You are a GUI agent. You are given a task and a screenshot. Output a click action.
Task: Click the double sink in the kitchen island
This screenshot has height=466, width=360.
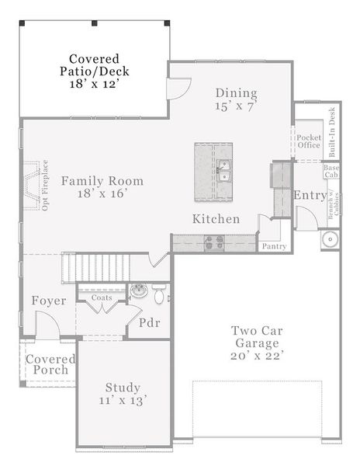pyautogui.click(x=224, y=169)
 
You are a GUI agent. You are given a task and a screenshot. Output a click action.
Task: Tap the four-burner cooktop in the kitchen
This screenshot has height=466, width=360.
pyautogui.click(x=213, y=243)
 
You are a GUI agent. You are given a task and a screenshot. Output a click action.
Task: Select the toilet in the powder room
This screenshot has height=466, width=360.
pyautogui.click(x=159, y=294)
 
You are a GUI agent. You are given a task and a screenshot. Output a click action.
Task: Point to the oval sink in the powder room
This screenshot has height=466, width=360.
pyautogui.click(x=139, y=292)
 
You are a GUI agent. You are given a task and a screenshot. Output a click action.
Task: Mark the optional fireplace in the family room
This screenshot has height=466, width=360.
pyautogui.click(x=32, y=186)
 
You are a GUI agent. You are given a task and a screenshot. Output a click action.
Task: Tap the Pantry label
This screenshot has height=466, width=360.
pyautogui.click(x=274, y=246)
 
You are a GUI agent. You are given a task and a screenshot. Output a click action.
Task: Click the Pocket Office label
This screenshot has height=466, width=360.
pyautogui.click(x=308, y=141)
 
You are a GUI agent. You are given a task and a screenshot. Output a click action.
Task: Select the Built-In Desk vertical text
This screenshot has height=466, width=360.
pyautogui.click(x=332, y=130)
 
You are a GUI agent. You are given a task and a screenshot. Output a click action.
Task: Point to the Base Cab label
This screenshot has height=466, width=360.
pyautogui.click(x=331, y=171)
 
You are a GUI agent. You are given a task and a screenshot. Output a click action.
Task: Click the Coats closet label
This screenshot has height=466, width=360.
pyautogui.click(x=102, y=297)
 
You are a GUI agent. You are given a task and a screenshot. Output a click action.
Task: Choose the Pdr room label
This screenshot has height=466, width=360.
pyautogui.click(x=149, y=322)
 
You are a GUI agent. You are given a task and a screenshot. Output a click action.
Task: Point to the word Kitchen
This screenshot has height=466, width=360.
pyautogui.click(x=216, y=219)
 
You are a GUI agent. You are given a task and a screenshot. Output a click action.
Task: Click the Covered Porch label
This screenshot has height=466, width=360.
pyautogui.click(x=50, y=364)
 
